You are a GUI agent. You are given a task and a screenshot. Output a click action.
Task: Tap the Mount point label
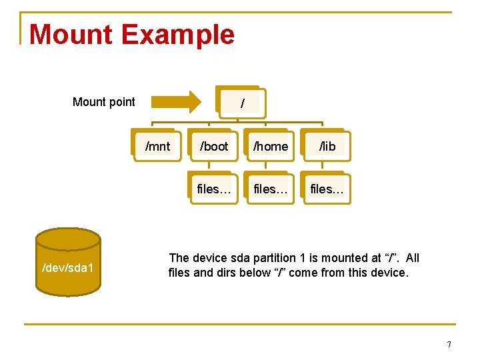(103, 102)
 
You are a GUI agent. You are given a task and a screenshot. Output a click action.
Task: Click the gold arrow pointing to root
(175, 102)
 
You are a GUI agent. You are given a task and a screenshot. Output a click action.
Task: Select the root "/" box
(241, 103)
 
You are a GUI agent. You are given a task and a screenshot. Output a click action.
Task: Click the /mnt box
(157, 146)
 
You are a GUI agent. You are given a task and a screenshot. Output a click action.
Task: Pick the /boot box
(213, 146)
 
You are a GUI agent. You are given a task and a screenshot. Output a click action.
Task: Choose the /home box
(271, 146)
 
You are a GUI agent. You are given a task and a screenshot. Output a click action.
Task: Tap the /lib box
(327, 146)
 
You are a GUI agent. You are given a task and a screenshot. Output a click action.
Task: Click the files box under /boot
(214, 189)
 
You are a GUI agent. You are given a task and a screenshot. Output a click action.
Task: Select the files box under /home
(271, 189)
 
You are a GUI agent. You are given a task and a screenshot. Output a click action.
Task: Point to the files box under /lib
(327, 189)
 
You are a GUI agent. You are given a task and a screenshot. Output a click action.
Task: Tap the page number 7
(449, 345)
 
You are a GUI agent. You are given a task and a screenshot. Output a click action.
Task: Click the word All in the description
(412, 258)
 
